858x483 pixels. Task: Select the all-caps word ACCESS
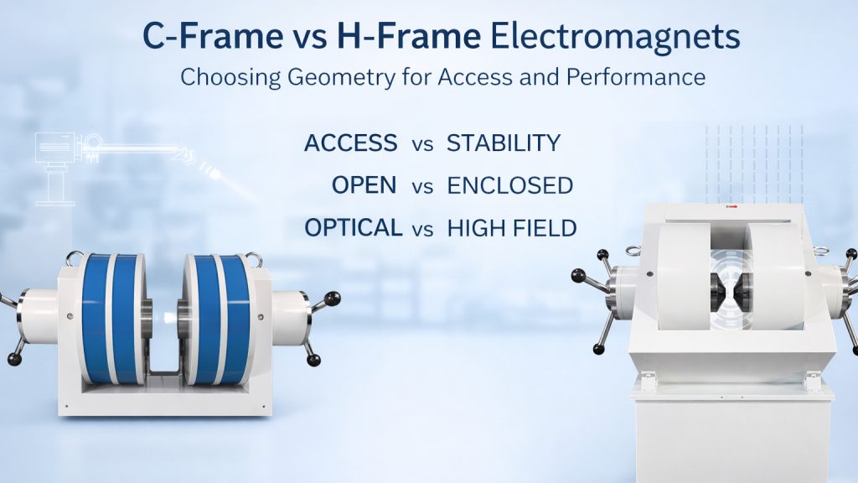[x=350, y=143]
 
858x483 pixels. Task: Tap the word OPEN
[x=364, y=185]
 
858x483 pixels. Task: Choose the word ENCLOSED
[x=509, y=185]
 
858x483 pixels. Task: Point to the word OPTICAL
[x=352, y=227]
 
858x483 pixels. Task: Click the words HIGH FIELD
[x=512, y=227]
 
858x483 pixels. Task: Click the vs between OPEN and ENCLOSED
[x=422, y=186]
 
